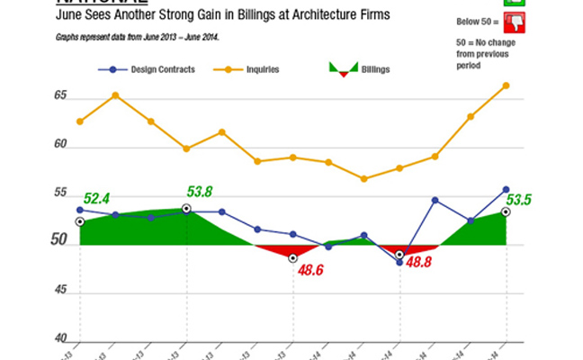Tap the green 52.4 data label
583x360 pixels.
(96, 198)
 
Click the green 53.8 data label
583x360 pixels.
(200, 191)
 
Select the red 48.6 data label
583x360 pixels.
(310, 268)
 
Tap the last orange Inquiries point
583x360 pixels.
(506, 85)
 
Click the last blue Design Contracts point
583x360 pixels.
(506, 189)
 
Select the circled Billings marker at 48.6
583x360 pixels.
(292, 258)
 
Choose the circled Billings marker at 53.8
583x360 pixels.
(186, 209)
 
